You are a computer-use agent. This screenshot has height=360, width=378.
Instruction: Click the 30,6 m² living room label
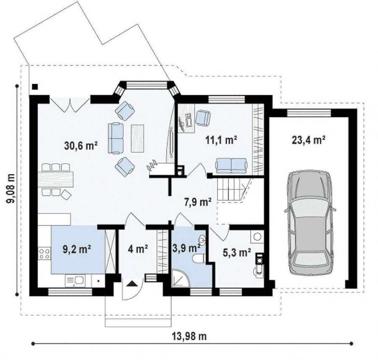pos(81,145)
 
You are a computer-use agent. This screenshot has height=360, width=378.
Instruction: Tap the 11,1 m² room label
pos(221,140)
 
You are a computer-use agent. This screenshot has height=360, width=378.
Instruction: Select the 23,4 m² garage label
pos(309,140)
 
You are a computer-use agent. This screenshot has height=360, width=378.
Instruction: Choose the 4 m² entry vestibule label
pos(138,249)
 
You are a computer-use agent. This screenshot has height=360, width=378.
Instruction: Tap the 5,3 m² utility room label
pos(237,253)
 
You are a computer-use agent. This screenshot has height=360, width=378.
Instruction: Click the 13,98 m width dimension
pos(189,336)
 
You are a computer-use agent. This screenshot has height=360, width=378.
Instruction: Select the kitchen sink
pos(74,281)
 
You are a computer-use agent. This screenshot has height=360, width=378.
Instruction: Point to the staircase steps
pos(229,189)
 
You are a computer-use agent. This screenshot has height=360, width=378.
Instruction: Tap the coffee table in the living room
pos(137,138)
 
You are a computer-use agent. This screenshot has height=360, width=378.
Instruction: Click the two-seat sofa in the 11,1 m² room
pos(231,165)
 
